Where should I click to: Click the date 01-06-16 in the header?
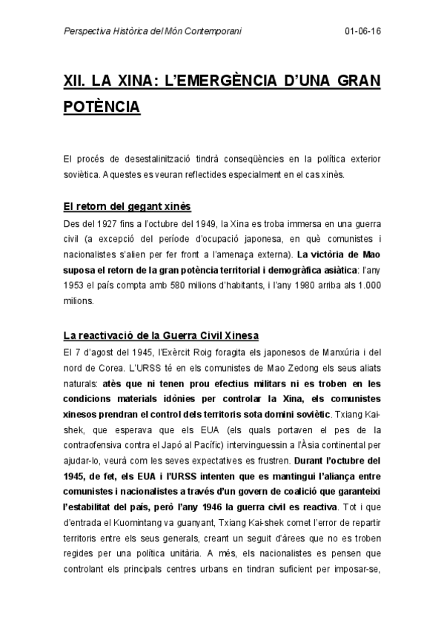point(362,32)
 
